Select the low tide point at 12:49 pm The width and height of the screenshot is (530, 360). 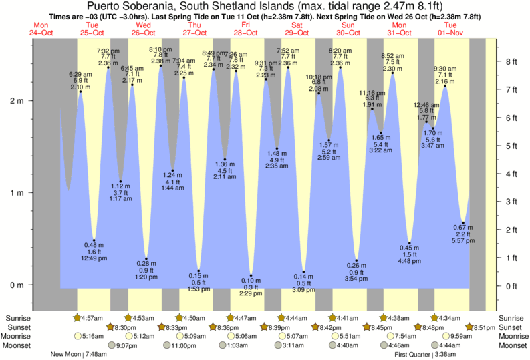94,240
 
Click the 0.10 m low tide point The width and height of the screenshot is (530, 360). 251,275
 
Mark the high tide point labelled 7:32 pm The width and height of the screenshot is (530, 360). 108,67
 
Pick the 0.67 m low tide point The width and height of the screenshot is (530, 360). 463,224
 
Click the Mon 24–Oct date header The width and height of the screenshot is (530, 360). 43,28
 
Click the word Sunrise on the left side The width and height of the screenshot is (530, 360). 19,317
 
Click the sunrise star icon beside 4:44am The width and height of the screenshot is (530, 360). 281,317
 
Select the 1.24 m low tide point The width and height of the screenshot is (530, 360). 173,171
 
